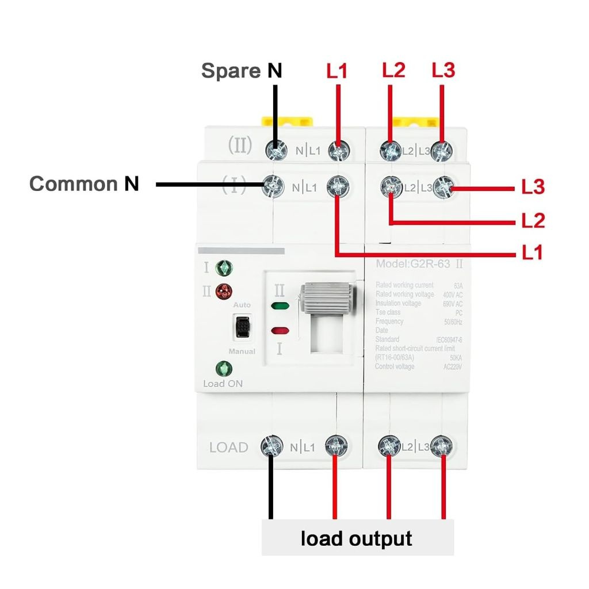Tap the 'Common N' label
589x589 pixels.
click(x=84, y=184)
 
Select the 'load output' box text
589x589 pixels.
click(x=357, y=538)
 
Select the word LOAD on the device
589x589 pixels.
click(x=228, y=448)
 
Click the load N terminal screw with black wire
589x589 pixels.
click(x=272, y=446)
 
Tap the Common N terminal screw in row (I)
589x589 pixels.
click(x=274, y=186)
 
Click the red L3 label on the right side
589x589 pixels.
click(x=533, y=187)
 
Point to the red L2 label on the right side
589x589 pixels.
click(x=533, y=220)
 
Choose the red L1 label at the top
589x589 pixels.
click(x=337, y=71)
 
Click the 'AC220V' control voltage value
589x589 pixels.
click(x=453, y=366)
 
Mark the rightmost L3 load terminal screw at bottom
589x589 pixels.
click(x=442, y=446)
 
